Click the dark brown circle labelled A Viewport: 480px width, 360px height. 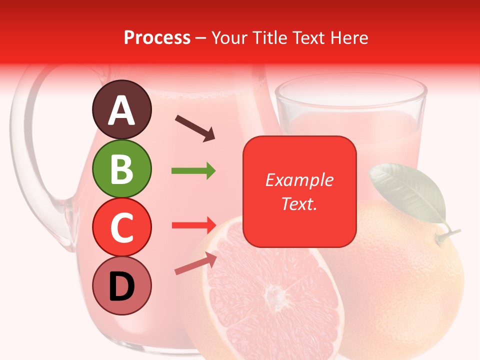pyautogui.click(x=121, y=110)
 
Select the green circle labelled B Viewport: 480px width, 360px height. pyautogui.click(x=121, y=169)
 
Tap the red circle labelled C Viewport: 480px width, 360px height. pyautogui.click(x=121, y=227)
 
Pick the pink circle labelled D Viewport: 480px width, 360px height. pyautogui.click(x=121, y=286)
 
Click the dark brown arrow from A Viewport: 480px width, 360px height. pyautogui.click(x=195, y=128)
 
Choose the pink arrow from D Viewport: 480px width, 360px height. pyautogui.click(x=195, y=263)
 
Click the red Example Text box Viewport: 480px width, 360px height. pyautogui.click(x=299, y=191)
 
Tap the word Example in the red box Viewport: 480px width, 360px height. pyautogui.click(x=299, y=180)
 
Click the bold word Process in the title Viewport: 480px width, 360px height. pyautogui.click(x=157, y=37)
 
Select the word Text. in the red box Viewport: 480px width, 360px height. pyautogui.click(x=299, y=204)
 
